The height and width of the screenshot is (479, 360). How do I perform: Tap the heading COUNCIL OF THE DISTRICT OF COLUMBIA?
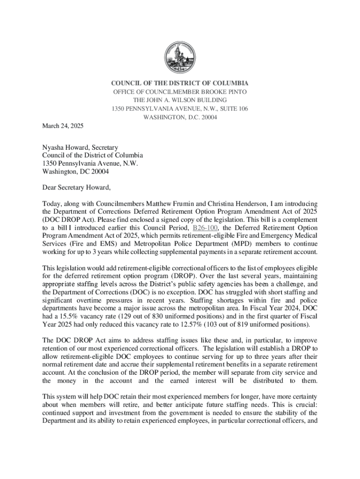coord(180,83)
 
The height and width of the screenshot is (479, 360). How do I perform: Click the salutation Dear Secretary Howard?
coord(77,188)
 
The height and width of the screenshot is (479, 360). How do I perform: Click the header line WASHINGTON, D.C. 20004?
coord(180,117)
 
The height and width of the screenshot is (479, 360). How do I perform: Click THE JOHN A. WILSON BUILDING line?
coord(180,100)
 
